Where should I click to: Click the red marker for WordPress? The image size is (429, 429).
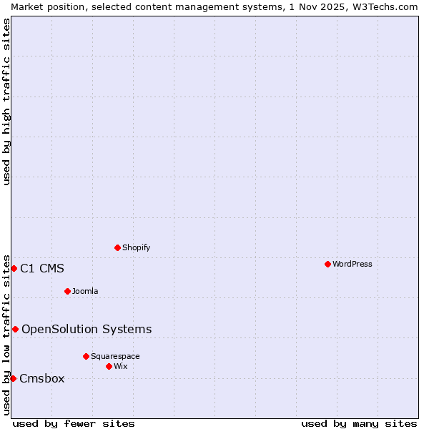327,264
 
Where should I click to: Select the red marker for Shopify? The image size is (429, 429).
117,247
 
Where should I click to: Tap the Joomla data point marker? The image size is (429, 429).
67,291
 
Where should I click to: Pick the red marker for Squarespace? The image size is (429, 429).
86,356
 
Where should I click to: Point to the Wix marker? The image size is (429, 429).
109,366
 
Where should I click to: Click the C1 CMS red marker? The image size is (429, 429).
14,268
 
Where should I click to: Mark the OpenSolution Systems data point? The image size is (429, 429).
15,329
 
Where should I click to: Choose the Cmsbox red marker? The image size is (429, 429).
13,378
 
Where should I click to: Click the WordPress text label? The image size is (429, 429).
352,264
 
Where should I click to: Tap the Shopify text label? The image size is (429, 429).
137,247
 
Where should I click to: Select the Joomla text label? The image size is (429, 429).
85,291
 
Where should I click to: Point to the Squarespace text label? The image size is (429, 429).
115,356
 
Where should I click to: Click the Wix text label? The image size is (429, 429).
121,366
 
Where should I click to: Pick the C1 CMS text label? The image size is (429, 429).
42,269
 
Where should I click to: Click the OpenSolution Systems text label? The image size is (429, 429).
87,330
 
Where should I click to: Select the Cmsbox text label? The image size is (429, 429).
41,379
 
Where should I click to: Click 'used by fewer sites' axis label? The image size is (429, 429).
74,423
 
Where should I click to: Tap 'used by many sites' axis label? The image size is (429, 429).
359,423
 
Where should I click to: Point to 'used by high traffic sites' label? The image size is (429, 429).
6,102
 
